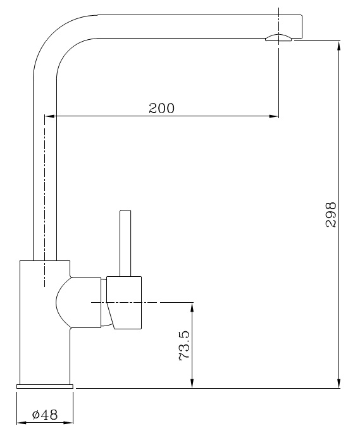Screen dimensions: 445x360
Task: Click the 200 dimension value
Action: [161, 108]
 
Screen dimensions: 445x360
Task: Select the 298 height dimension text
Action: [330, 215]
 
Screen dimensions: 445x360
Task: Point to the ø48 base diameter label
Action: [44, 415]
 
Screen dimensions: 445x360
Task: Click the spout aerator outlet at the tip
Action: [278, 38]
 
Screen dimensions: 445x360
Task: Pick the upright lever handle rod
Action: [125, 243]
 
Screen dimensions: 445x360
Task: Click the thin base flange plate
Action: [44, 385]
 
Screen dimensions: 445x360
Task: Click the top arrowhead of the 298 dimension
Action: [339, 46]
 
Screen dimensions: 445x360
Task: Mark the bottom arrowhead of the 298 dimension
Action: [339, 382]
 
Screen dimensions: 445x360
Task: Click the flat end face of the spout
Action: [301, 27]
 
